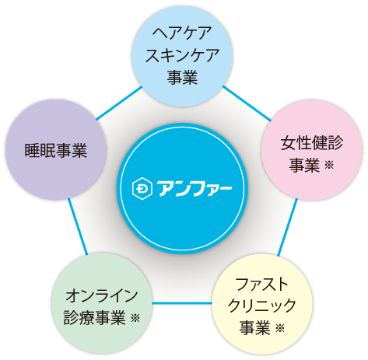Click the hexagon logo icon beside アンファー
[x=142, y=188]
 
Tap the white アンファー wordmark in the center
[x=194, y=189]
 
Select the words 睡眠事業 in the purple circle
[x=56, y=150]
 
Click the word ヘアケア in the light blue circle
[x=182, y=33]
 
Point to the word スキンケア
[x=182, y=55]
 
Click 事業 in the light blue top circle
[x=182, y=77]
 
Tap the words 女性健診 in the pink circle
[x=312, y=143]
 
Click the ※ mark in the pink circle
[x=329, y=165]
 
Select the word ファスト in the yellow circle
[x=262, y=284]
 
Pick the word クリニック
[x=262, y=306]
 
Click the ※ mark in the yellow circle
[x=280, y=328]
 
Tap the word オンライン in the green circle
[x=101, y=296]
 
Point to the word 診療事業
[x=95, y=318]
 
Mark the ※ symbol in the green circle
[x=135, y=318]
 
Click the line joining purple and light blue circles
[x=119, y=103]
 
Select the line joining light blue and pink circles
[x=247, y=103]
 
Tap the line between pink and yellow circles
[x=287, y=227]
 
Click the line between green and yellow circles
[x=182, y=302]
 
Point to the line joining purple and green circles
[x=77, y=227]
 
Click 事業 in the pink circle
[x=304, y=165]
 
